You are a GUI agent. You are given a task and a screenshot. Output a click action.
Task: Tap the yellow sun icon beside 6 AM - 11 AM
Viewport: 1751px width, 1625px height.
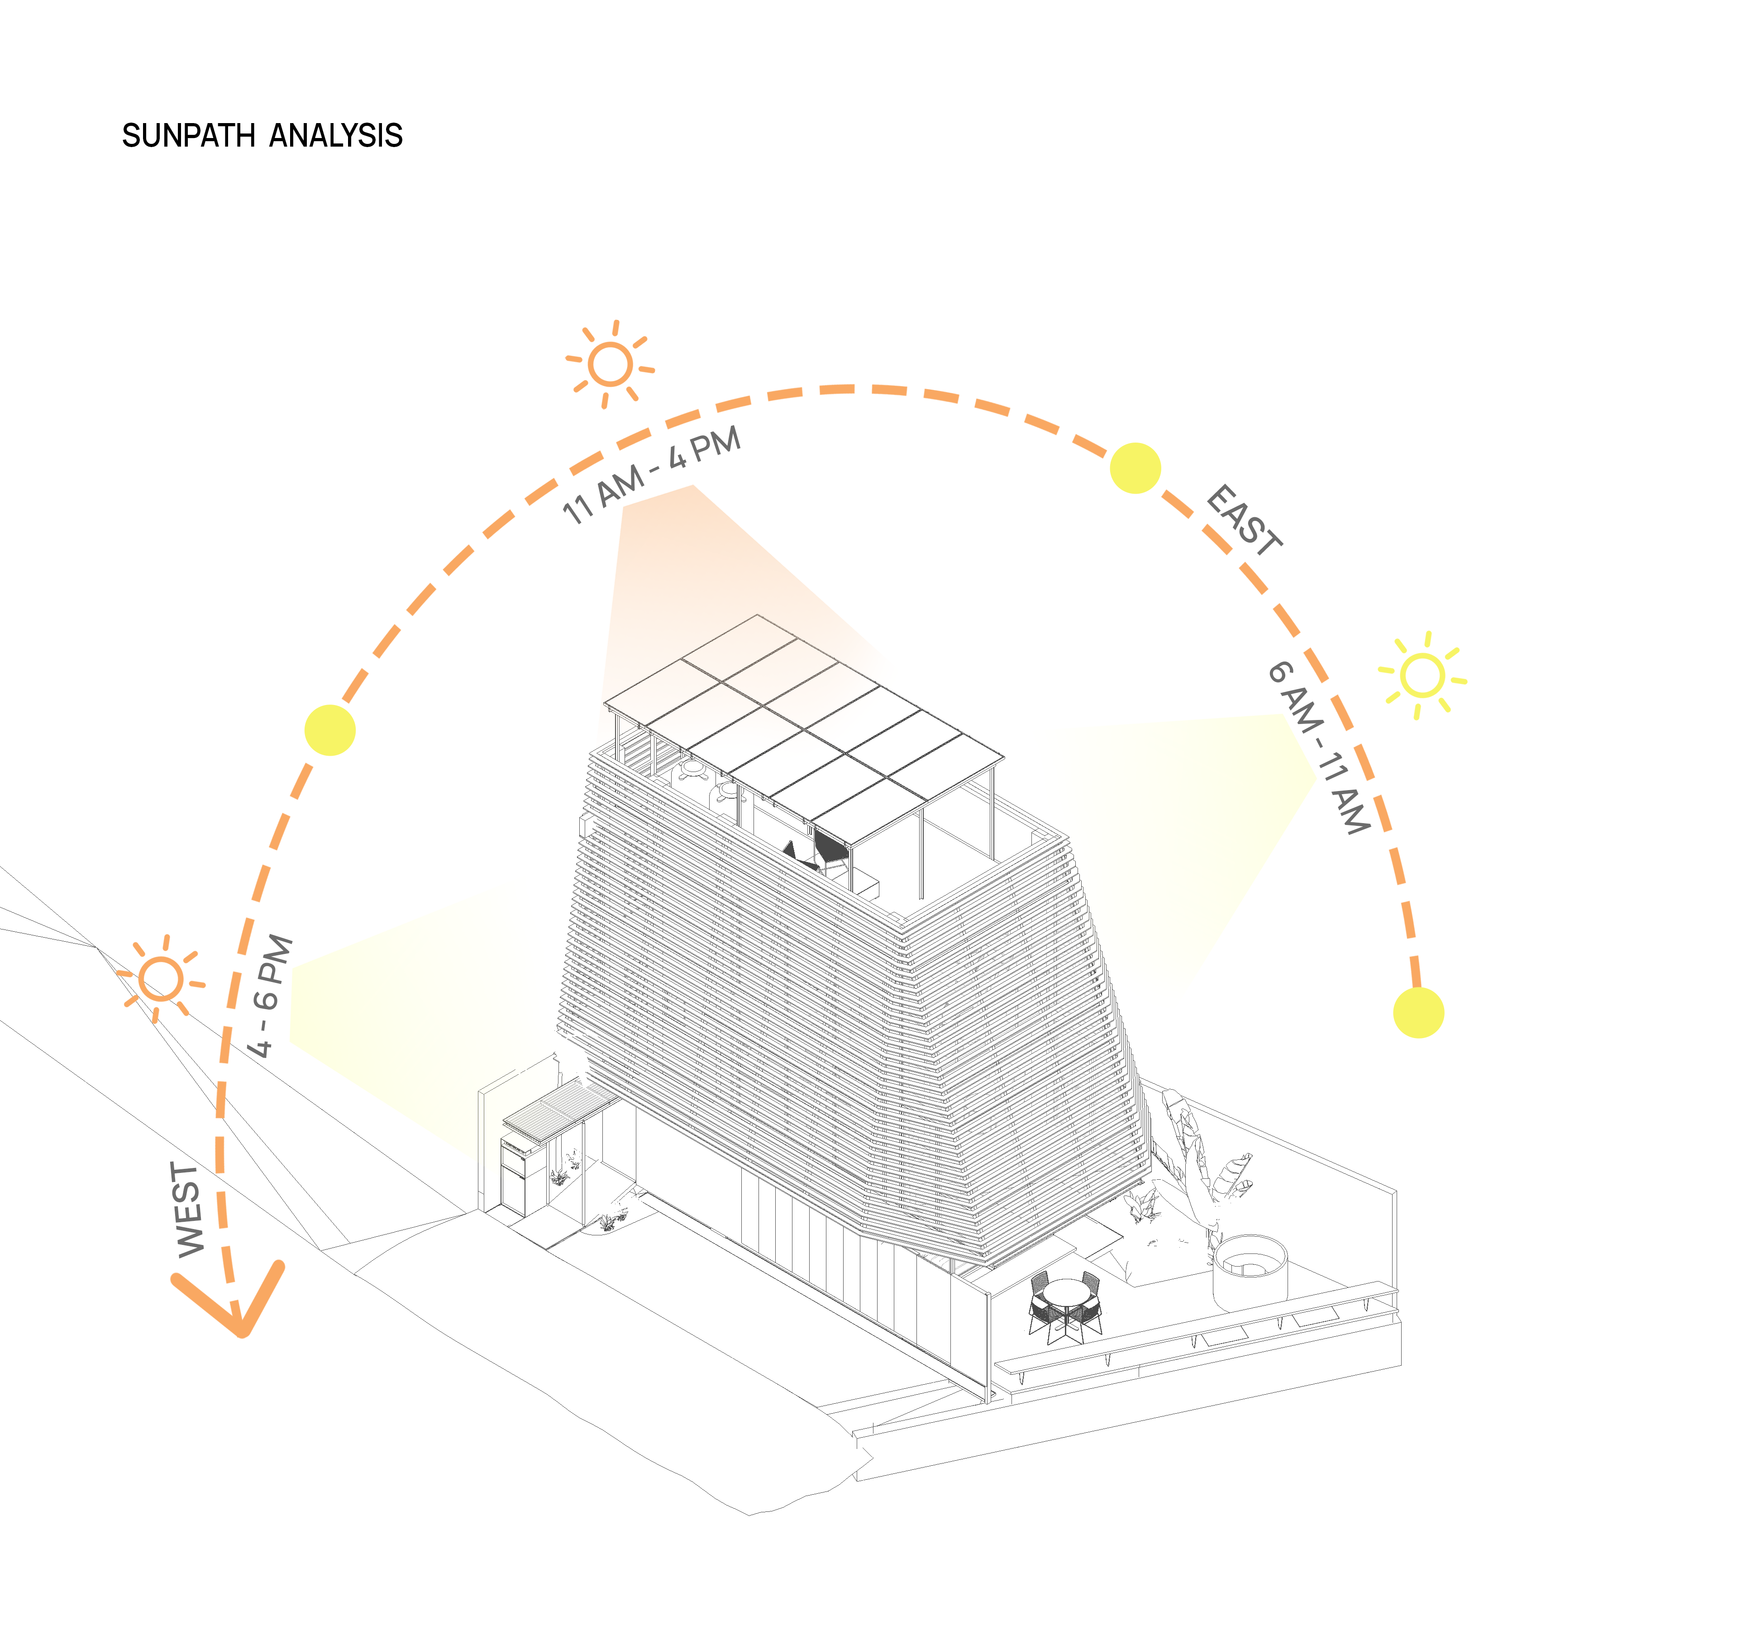click(1421, 675)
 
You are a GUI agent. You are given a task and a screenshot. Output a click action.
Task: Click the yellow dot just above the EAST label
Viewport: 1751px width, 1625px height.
click(1135, 468)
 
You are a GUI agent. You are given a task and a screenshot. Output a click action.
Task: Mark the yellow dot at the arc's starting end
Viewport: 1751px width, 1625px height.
click(1418, 1012)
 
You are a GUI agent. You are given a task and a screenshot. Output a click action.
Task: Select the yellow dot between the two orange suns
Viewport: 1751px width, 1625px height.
click(330, 730)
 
